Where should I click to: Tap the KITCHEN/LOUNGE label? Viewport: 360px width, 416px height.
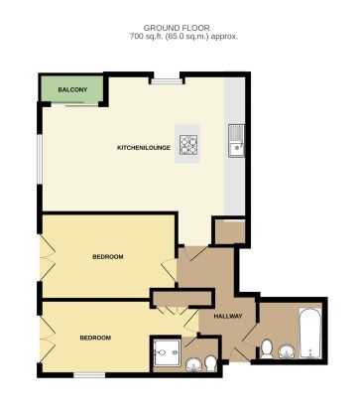(x=144, y=148)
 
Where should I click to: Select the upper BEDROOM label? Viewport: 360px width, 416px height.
(x=107, y=257)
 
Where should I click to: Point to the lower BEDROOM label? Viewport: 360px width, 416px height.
(x=95, y=338)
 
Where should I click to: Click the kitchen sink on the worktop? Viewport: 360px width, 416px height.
(x=237, y=141)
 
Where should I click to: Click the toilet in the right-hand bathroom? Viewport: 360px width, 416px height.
(x=268, y=347)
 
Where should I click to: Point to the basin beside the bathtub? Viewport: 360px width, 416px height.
(x=288, y=349)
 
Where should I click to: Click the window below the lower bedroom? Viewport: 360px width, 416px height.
(x=89, y=375)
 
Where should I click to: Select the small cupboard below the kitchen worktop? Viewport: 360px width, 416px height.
(x=227, y=231)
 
